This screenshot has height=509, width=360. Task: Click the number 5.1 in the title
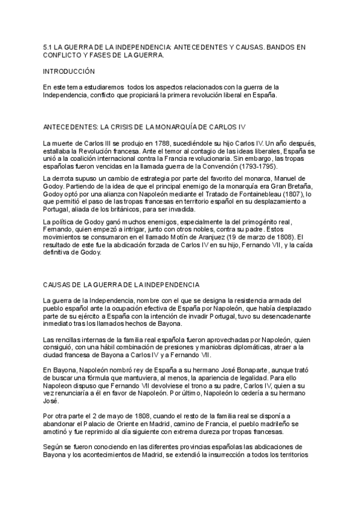pyautogui.click(x=48, y=45)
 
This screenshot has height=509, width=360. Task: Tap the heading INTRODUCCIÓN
pyautogui.click(x=70, y=71)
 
